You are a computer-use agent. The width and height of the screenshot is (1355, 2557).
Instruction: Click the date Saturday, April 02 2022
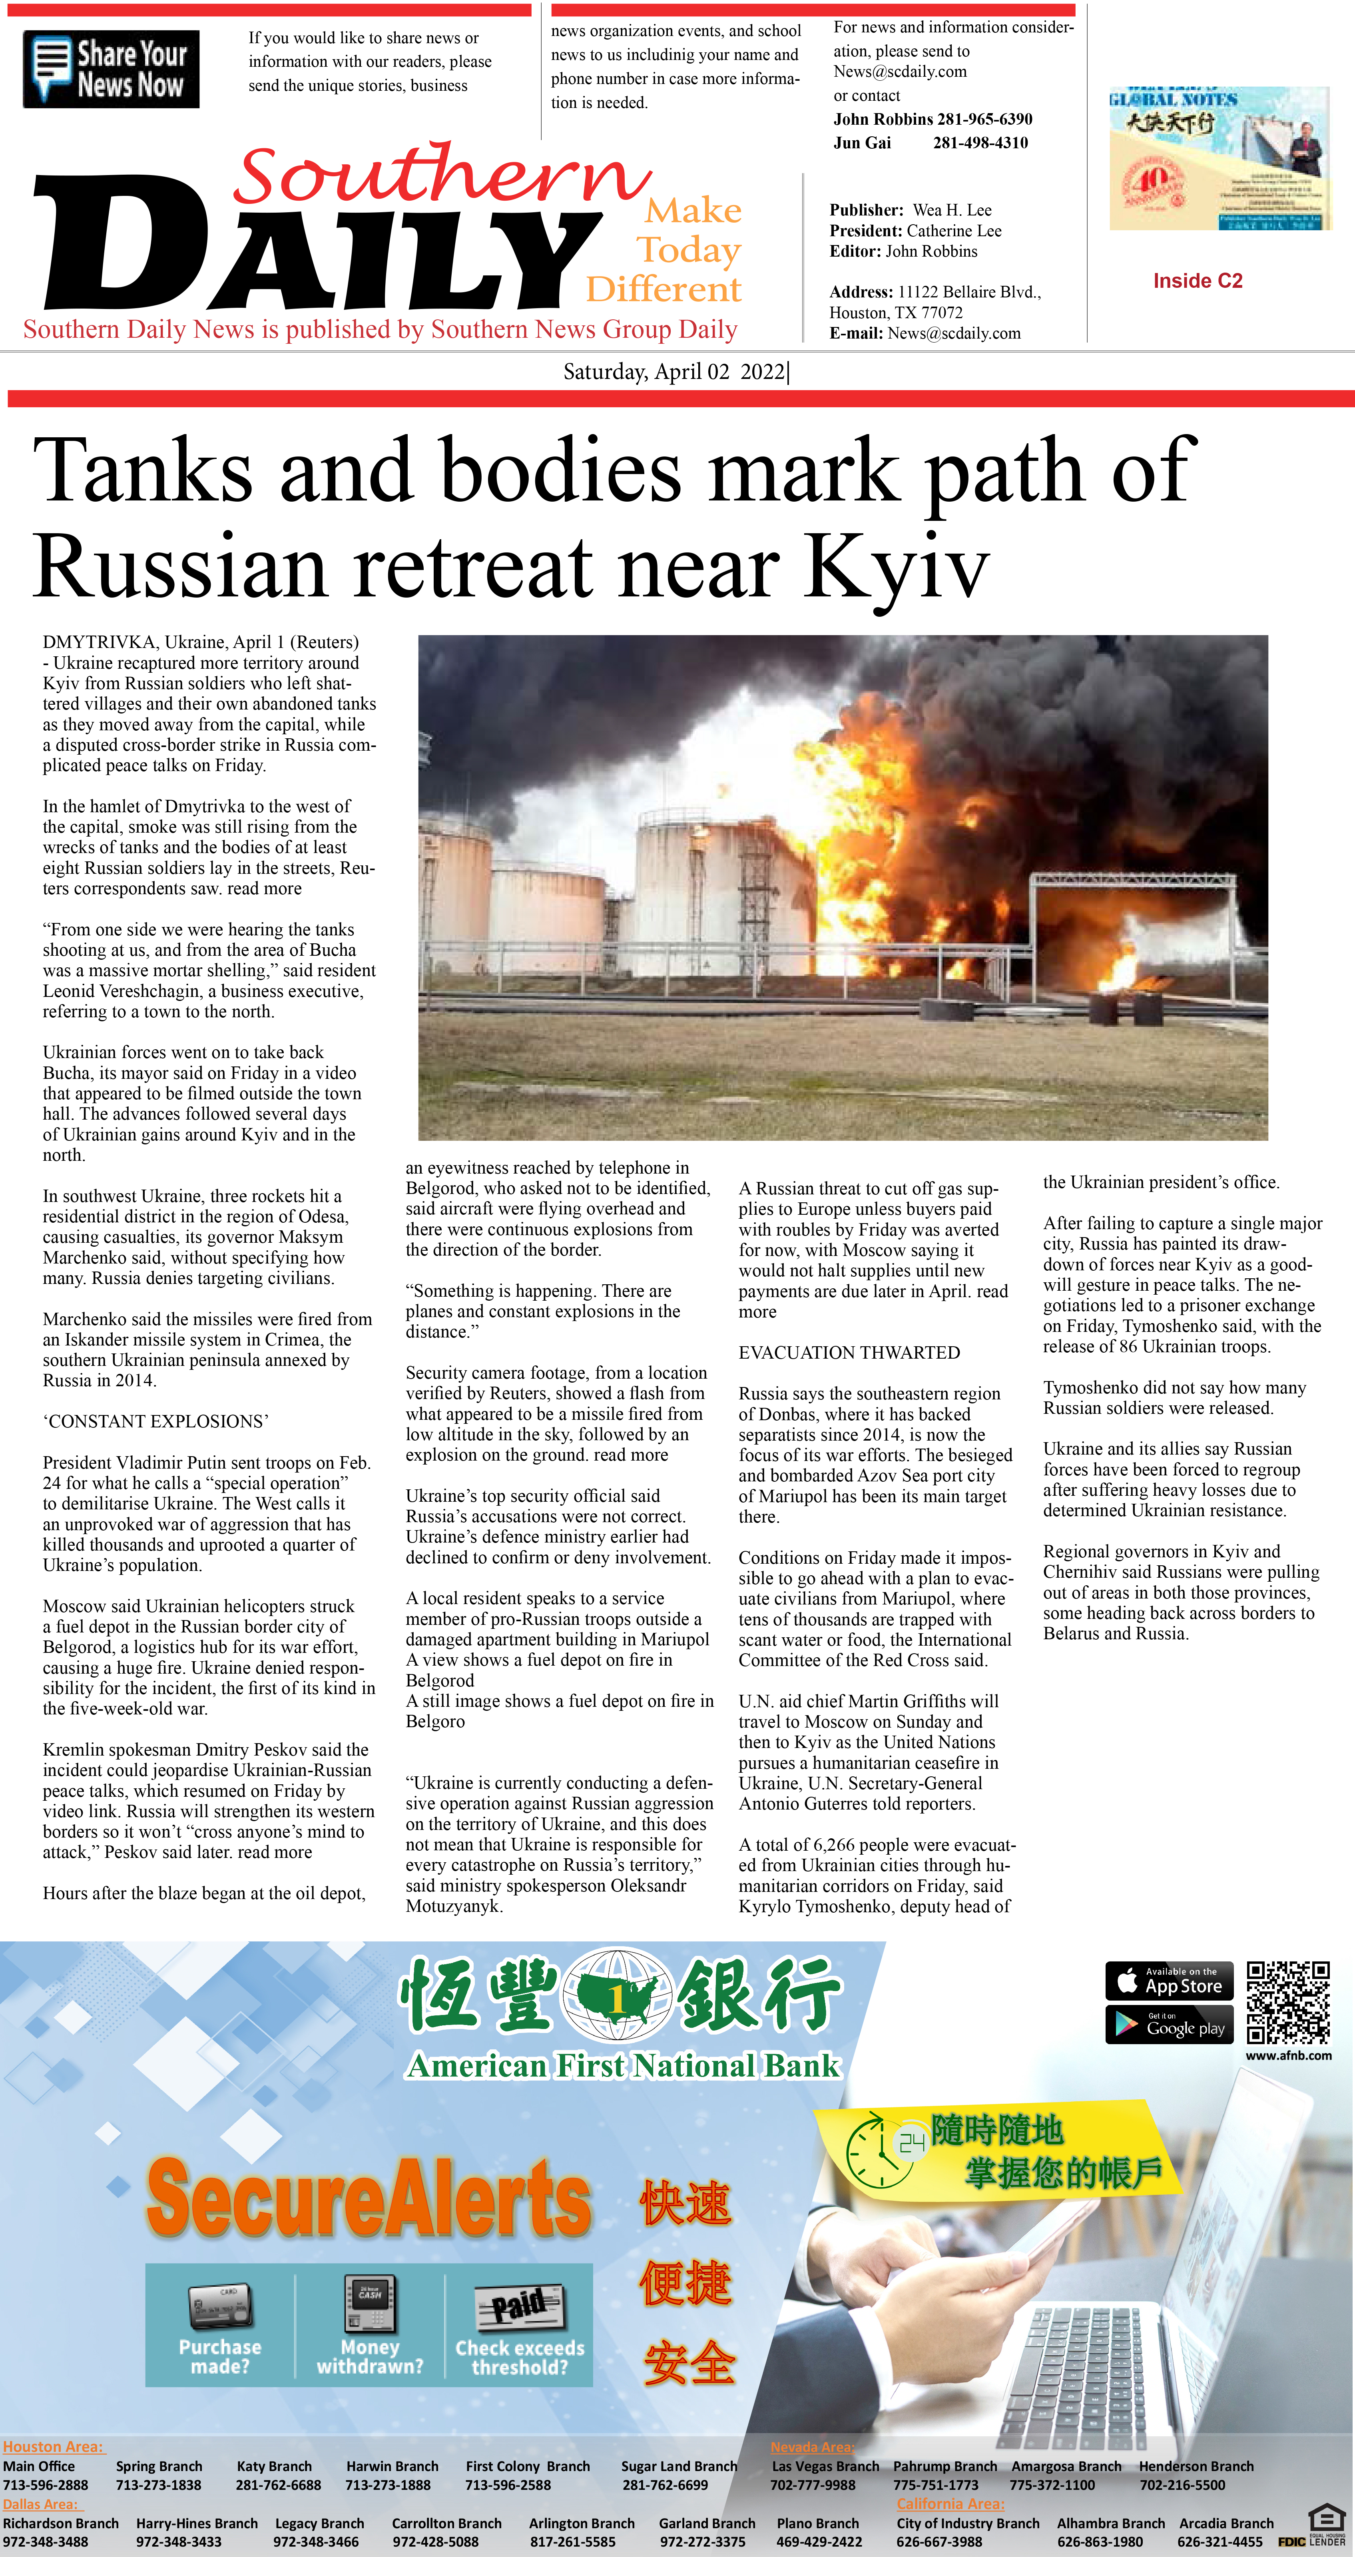point(675,372)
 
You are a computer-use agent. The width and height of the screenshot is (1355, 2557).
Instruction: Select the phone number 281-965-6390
point(983,119)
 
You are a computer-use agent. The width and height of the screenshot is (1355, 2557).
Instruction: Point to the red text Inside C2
point(1197,281)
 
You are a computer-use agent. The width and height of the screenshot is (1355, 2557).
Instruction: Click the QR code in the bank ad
point(1287,2002)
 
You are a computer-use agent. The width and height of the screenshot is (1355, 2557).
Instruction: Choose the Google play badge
point(1170,2025)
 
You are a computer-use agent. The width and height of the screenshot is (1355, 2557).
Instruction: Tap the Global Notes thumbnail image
point(1219,159)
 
